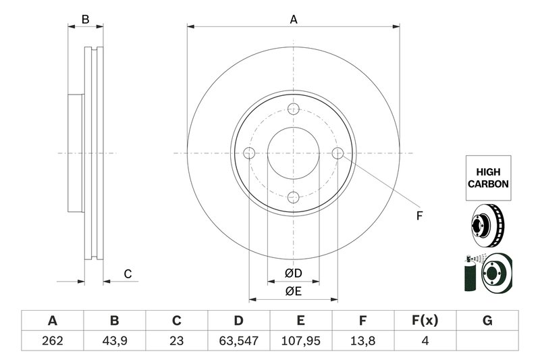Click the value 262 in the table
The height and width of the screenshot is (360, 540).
pos(53,340)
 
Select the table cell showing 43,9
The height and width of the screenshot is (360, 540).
pos(115,340)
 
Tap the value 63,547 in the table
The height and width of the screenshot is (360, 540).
pos(239,340)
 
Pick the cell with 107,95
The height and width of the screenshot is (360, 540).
pos(301,340)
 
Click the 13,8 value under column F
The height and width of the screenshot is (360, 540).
pos(363,340)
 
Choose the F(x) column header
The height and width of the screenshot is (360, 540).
pos(425,321)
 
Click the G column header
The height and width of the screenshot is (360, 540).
pos(487,321)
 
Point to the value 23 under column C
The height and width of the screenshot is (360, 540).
pos(177,340)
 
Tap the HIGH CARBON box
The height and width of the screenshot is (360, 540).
pos(488,178)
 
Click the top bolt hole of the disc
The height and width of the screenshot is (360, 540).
pos(294,109)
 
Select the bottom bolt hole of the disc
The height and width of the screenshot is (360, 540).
pos(294,197)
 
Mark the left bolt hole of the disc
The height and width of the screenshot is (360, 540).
pos(249,153)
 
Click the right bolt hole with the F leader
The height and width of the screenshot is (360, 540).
pos(338,153)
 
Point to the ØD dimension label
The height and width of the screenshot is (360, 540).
pos(294,273)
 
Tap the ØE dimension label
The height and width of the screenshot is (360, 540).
pos(294,292)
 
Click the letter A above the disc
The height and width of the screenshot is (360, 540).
pos(294,20)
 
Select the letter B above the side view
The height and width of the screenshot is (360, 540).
pos(86,20)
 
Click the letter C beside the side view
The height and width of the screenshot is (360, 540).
pos(128,274)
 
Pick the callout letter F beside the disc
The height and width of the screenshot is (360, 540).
pos(419,216)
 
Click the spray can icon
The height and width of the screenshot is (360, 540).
pos(470,274)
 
